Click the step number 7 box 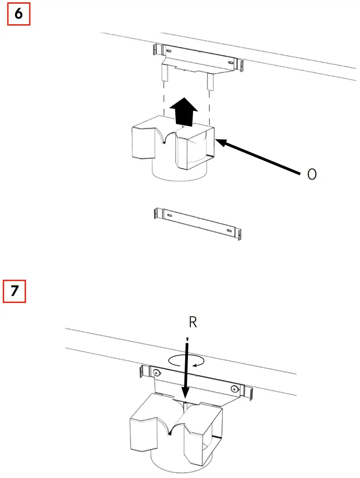click(x=14, y=291)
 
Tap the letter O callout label click(x=312, y=174)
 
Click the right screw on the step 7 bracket click(x=233, y=388)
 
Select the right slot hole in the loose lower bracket click(x=228, y=231)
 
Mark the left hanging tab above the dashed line click(x=164, y=72)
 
